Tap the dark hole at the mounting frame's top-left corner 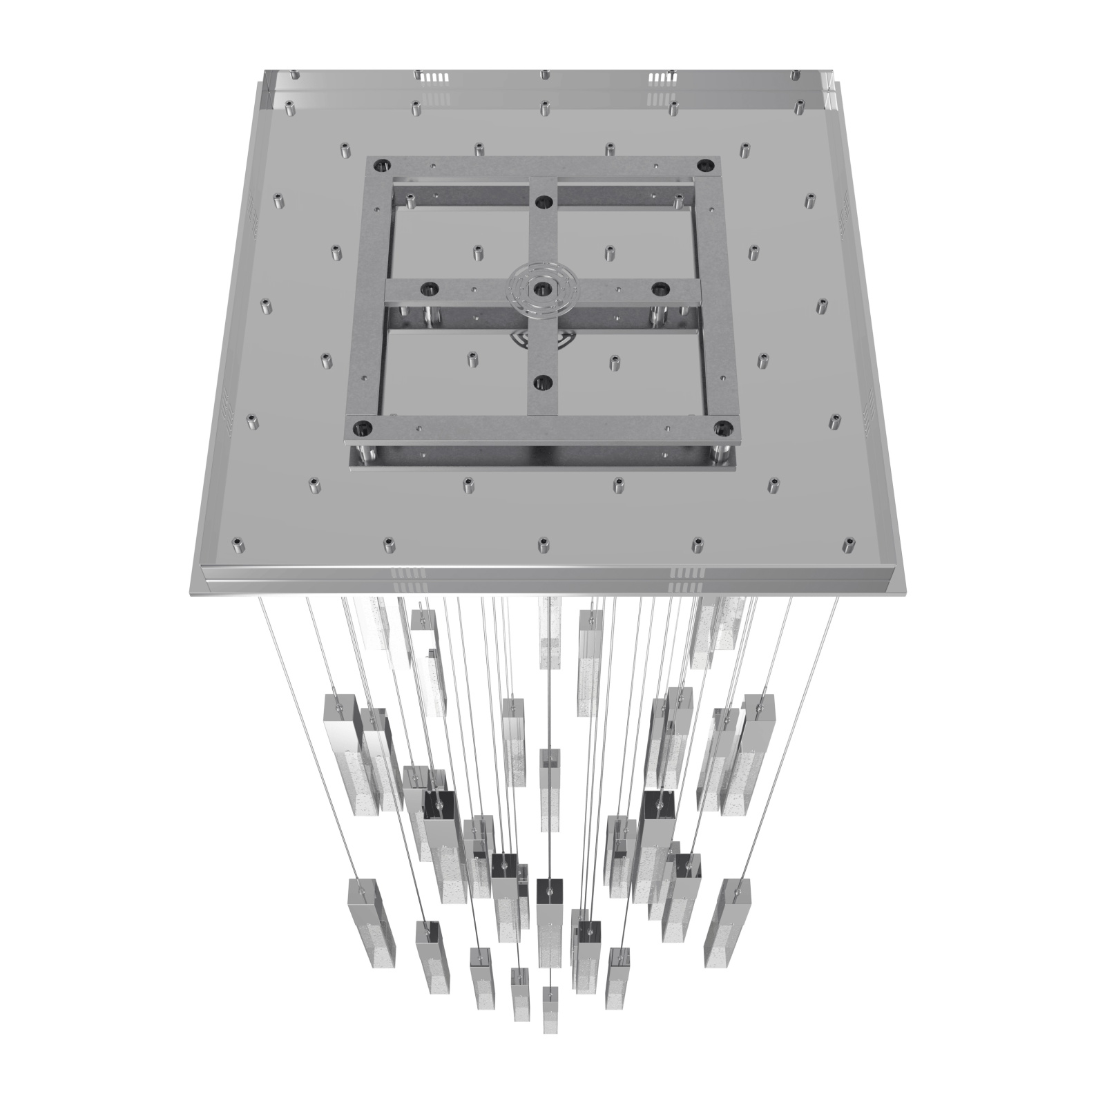(381, 165)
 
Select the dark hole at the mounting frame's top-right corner (704, 165)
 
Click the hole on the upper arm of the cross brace (543, 202)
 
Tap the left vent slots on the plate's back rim (428, 76)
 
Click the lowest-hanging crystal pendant (550, 1012)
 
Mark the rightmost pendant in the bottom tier (727, 922)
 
